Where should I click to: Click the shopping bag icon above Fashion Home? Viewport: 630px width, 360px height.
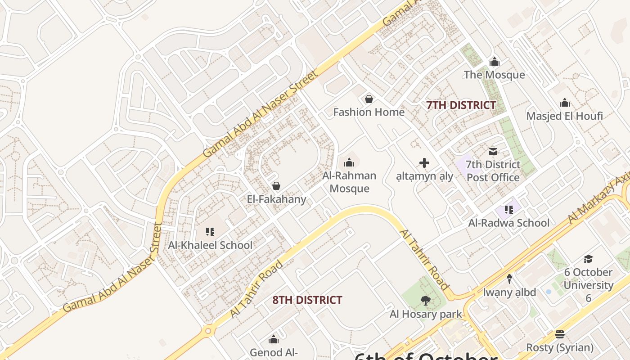click(369, 99)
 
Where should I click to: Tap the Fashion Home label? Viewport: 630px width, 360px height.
click(369, 112)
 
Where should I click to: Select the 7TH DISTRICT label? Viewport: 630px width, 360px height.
click(461, 105)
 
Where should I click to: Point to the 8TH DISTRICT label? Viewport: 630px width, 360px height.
click(307, 300)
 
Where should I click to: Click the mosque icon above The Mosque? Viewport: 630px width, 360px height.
click(495, 62)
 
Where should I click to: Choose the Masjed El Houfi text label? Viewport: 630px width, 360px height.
click(564, 116)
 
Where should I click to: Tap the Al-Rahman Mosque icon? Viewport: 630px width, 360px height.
click(349, 162)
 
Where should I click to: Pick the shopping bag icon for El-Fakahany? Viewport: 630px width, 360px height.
click(276, 186)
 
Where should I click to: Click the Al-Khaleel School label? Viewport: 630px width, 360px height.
click(210, 245)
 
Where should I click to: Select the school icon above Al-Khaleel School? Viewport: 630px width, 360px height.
click(210, 232)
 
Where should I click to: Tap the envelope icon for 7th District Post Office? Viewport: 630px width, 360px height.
click(493, 152)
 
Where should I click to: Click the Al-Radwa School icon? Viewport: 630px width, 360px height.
click(509, 209)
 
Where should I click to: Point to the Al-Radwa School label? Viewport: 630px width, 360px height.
click(508, 223)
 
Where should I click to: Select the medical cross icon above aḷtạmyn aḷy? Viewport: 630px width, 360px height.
click(424, 163)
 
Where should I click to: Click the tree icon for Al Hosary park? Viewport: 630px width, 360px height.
click(425, 300)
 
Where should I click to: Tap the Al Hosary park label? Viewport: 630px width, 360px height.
click(426, 314)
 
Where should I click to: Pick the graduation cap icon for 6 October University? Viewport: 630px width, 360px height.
click(588, 259)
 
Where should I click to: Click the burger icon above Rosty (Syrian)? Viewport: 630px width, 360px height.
click(560, 334)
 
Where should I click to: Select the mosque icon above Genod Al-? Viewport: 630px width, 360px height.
click(274, 339)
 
